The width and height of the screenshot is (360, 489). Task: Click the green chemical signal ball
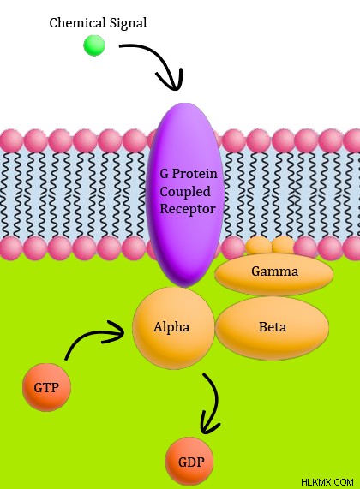[94, 45]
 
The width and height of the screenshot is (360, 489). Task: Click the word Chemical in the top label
[77, 23]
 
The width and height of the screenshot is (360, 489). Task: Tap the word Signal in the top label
[128, 23]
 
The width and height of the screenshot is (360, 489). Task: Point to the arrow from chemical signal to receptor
[162, 60]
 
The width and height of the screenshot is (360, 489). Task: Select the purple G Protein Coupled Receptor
[185, 195]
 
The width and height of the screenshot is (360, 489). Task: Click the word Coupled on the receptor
[185, 192]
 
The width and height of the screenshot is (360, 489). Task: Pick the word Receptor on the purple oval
[188, 209]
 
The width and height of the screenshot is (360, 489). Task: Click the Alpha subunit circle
[174, 328]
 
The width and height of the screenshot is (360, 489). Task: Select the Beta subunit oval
[272, 327]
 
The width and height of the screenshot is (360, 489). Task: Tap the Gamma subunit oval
[274, 274]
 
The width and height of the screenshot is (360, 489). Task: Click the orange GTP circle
[46, 387]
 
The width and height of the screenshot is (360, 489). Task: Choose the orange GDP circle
[189, 462]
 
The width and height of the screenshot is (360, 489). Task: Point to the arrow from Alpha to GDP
[215, 403]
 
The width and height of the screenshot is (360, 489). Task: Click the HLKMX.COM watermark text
[327, 482]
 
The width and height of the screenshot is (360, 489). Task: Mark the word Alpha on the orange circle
[171, 327]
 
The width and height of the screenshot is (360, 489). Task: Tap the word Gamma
[275, 271]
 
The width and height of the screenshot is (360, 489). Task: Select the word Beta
[273, 327]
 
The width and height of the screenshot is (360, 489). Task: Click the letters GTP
[46, 388]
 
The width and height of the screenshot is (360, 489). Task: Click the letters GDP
[191, 462]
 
